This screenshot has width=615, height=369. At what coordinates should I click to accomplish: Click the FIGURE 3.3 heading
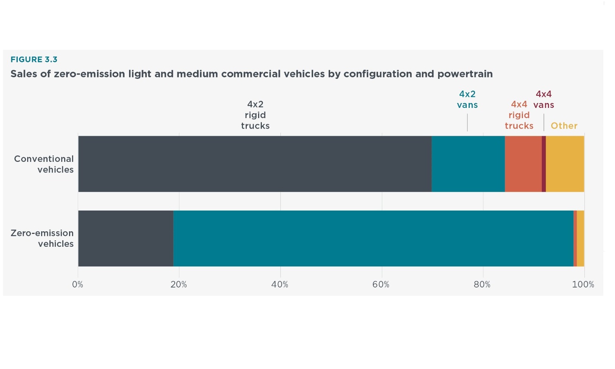pyautogui.click(x=34, y=60)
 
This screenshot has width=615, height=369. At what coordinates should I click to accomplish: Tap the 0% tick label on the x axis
pyautogui.click(x=78, y=284)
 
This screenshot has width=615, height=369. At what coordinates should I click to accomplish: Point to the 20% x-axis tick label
pyautogui.click(x=178, y=284)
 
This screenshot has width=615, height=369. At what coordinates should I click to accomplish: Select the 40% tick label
pyautogui.click(x=280, y=284)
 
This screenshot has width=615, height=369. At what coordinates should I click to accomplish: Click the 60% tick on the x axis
pyautogui.click(x=381, y=284)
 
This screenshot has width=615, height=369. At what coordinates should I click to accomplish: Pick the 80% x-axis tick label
pyautogui.click(x=482, y=284)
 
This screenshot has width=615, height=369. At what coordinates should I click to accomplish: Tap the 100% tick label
pyautogui.click(x=583, y=284)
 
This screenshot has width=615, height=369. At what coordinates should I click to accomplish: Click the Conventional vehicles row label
pyautogui.click(x=44, y=164)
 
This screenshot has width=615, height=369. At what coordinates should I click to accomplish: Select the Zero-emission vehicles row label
pyautogui.click(x=42, y=238)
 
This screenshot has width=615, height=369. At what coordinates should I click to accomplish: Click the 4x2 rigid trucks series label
pyautogui.click(x=255, y=115)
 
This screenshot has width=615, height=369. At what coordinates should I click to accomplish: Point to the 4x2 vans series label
pyautogui.click(x=467, y=100)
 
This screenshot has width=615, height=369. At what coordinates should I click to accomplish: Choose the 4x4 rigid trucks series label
pyautogui.click(x=519, y=115)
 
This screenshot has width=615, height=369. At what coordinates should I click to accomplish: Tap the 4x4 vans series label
pyautogui.click(x=544, y=100)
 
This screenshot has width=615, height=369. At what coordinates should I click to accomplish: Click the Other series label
pyautogui.click(x=564, y=126)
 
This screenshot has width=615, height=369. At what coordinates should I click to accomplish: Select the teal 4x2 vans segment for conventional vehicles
pyautogui.click(x=468, y=164)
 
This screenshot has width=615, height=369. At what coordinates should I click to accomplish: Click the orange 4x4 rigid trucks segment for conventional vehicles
pyautogui.click(x=523, y=164)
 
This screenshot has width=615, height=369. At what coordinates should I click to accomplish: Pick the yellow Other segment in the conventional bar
pyautogui.click(x=565, y=164)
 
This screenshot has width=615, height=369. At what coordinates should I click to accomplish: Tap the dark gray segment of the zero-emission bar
pyautogui.click(x=126, y=238)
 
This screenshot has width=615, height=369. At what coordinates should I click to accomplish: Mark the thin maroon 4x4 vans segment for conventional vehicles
pyautogui.click(x=544, y=164)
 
